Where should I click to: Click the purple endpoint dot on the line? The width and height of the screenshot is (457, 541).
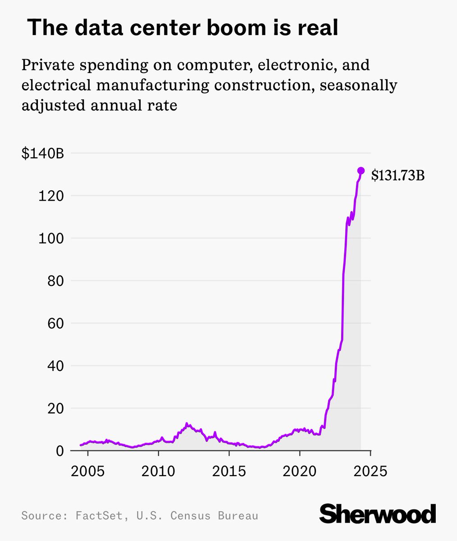(361, 170)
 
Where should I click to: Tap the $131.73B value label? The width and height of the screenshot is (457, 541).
(398, 175)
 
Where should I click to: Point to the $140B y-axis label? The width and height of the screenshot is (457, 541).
(43, 154)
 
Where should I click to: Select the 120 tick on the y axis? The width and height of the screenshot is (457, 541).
(54, 196)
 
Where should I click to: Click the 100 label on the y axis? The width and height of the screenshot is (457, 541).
(54, 238)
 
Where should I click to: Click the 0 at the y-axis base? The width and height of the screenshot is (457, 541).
(60, 451)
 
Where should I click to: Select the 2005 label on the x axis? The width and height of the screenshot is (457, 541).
(88, 471)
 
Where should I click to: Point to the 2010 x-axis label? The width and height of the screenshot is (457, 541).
(158, 471)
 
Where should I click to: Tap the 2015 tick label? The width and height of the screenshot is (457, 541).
(229, 471)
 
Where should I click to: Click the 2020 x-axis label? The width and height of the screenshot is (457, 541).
(300, 471)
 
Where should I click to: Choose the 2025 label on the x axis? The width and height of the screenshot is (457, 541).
(370, 471)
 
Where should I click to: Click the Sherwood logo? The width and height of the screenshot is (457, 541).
(378, 513)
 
